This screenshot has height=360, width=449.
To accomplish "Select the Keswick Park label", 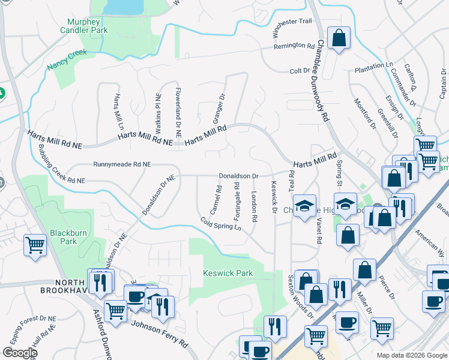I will click(x=228, y=273).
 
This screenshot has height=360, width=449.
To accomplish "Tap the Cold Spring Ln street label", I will click(x=221, y=225).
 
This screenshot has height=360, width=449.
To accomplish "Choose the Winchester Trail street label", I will click(x=293, y=21).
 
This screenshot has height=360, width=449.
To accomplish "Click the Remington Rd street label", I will click(x=294, y=46).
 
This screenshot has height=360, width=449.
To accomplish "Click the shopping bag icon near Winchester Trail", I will click(x=339, y=38).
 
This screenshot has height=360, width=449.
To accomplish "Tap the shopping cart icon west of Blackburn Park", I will click(x=35, y=245).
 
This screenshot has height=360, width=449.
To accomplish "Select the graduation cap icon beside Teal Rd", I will click(x=305, y=205).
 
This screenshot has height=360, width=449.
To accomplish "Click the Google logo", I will click(x=19, y=353).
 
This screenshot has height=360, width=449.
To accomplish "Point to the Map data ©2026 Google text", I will click(x=412, y=355).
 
